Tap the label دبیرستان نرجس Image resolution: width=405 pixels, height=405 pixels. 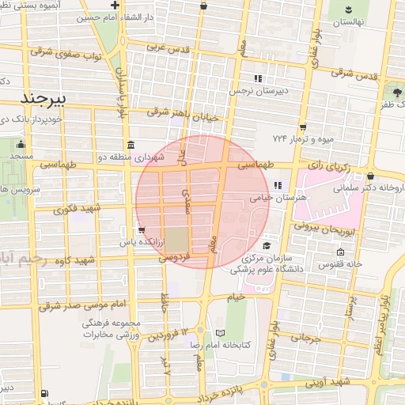[x=256, y=91]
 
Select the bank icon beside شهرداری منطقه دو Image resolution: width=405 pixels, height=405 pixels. [x=130, y=146]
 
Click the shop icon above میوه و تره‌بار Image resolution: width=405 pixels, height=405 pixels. [x=304, y=127]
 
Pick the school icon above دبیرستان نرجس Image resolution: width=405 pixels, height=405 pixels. [x=257, y=78]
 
